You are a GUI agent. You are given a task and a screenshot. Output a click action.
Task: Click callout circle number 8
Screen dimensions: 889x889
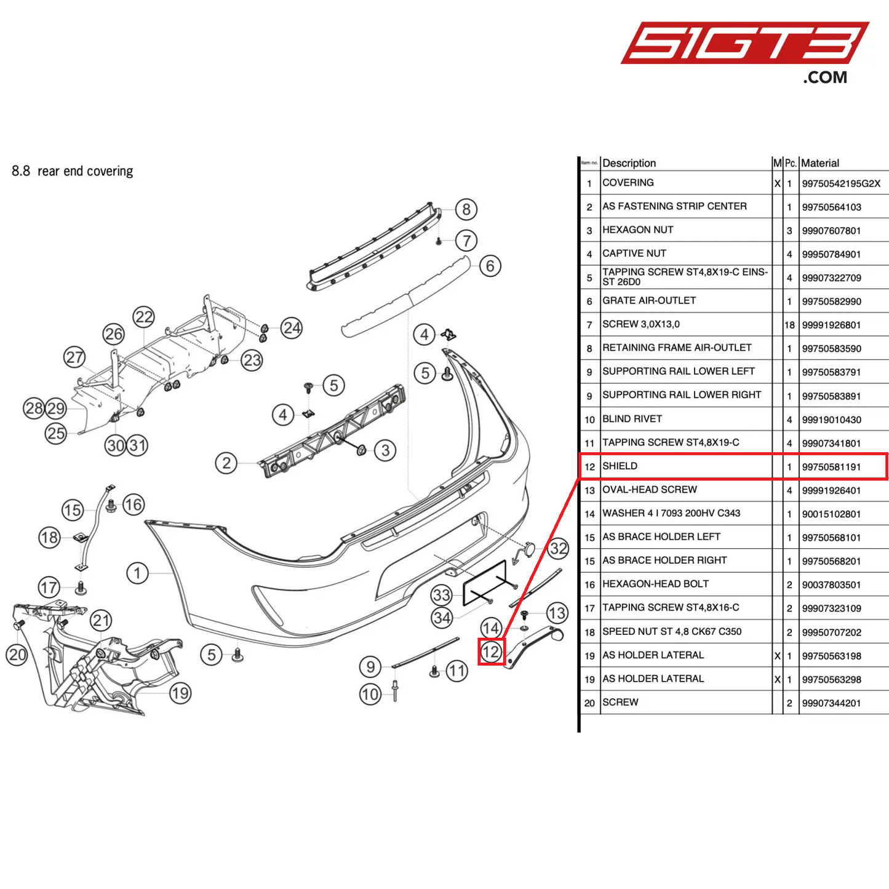point(466,210)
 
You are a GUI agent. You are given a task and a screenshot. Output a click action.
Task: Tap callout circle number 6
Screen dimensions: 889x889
point(490,266)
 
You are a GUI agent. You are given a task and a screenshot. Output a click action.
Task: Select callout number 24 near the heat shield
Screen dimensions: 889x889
point(292,328)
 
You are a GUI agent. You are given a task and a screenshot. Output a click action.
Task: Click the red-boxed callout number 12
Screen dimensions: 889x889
point(492,652)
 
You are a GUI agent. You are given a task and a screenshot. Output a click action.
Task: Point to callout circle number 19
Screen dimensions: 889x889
point(180,693)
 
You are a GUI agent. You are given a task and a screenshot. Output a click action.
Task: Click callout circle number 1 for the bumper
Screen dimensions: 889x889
point(137,573)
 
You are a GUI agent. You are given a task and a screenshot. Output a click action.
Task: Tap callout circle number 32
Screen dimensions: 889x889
point(558,548)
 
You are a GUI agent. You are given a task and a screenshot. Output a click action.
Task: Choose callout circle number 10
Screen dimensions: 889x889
point(370,695)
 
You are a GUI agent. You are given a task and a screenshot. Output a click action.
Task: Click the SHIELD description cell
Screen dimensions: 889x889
point(620,466)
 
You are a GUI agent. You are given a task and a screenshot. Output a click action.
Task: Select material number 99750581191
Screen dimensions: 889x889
point(831,467)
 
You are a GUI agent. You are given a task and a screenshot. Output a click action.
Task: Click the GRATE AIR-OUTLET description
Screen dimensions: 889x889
point(649,301)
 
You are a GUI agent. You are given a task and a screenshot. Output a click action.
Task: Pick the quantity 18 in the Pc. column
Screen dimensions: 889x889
point(789,325)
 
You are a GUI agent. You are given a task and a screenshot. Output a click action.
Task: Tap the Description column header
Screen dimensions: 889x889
point(629,163)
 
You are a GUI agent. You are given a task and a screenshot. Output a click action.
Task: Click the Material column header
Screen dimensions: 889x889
point(820,163)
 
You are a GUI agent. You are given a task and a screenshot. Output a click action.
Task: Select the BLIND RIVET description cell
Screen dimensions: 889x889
point(632,419)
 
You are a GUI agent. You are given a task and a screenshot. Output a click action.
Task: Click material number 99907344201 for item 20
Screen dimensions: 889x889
point(831,703)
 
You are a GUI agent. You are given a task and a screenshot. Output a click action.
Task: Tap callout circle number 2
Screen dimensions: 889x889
point(226,463)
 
